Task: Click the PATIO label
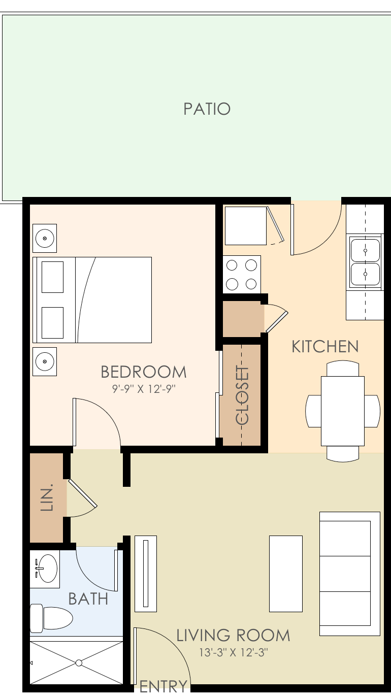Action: (207, 109)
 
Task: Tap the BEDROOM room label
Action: (143, 372)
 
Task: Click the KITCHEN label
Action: (325, 347)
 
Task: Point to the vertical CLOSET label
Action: (243, 395)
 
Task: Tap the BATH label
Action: (88, 599)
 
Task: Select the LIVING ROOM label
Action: (233, 636)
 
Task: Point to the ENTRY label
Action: (163, 687)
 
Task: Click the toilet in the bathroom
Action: (51, 618)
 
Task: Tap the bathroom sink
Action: (47, 568)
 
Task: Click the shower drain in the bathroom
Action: (79, 662)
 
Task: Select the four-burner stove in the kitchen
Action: (242, 274)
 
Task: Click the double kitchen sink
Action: (365, 262)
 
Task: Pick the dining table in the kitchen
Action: (343, 411)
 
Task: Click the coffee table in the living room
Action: (285, 574)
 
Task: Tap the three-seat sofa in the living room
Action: (349, 574)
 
